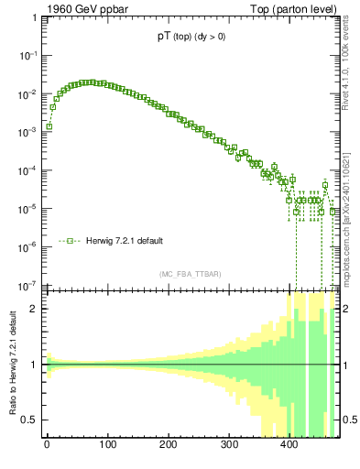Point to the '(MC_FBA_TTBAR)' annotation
[x=190, y=274]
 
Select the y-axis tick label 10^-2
[x=27, y=93]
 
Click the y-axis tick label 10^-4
[x=27, y=170]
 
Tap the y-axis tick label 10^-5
[x=27, y=208]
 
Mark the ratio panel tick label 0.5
[x=31, y=420]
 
